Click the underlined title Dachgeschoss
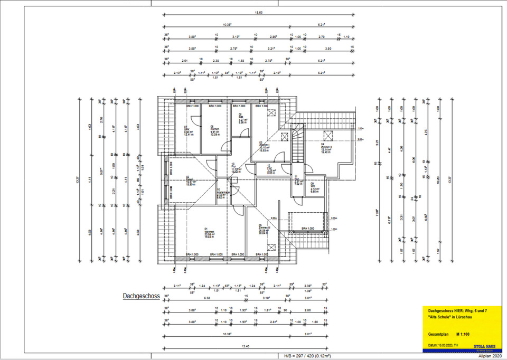[x=141, y=297]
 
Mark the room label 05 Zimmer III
[x=261, y=228]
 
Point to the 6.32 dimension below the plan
[x=208, y=297]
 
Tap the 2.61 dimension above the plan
[x=184, y=60]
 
